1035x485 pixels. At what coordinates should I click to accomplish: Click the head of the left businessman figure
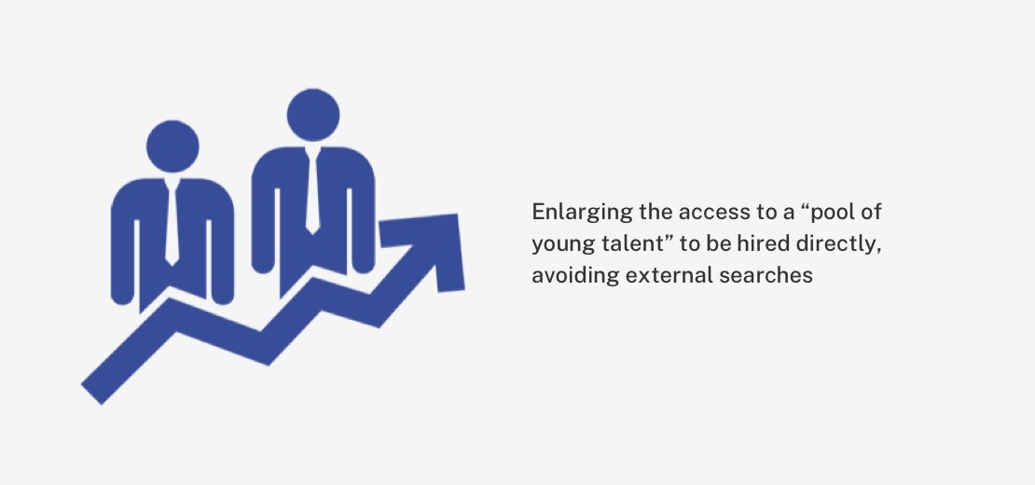[172, 146]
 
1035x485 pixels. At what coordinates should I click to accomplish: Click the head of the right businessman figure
[313, 115]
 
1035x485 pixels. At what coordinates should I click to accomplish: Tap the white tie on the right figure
[312, 190]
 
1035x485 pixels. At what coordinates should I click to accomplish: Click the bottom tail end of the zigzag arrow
[91, 394]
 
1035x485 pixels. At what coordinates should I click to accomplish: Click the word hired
[769, 243]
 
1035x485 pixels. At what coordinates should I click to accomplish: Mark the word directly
[840, 244]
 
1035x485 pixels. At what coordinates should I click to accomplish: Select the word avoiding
[575, 276]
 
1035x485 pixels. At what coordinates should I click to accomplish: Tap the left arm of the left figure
[122, 251]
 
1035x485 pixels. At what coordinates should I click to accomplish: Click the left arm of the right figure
[263, 217]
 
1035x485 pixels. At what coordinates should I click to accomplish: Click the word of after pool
[873, 212]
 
